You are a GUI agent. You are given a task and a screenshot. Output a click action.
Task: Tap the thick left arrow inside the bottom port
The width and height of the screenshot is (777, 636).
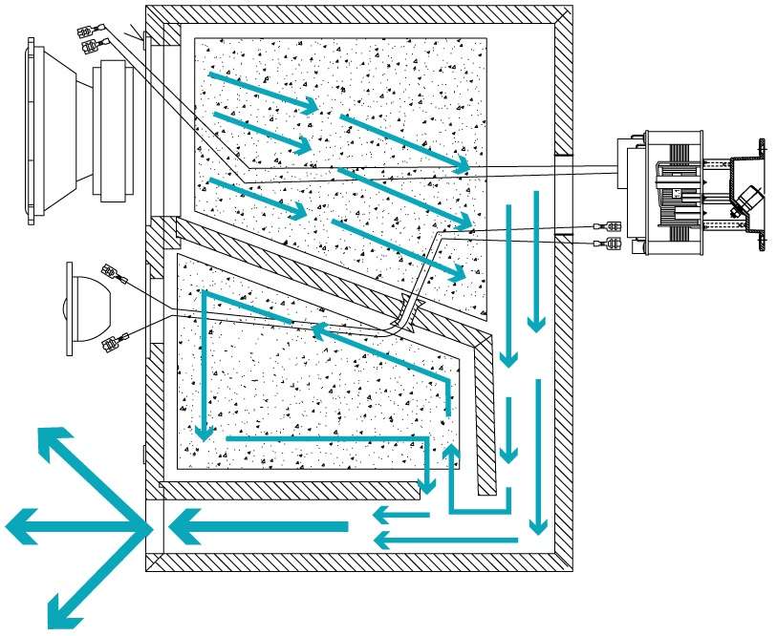point(258,525)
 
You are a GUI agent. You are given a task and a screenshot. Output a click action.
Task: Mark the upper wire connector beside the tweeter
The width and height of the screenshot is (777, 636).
point(120,278)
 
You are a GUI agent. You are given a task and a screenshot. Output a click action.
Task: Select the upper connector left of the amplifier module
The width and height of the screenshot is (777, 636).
point(608,226)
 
